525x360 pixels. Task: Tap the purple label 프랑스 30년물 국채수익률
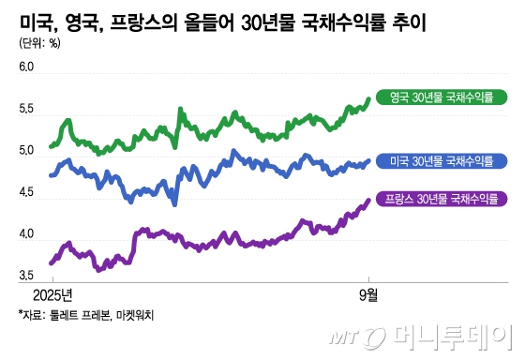441,200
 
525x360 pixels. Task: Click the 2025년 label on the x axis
54,292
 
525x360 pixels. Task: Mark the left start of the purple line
51,263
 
